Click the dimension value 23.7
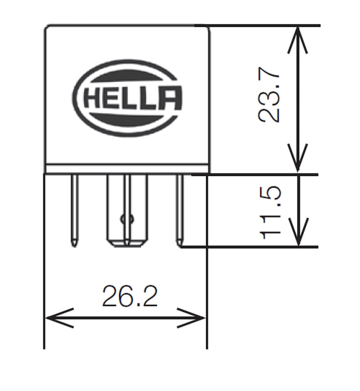point(270,98)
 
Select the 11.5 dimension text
point(270,211)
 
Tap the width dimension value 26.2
point(130,296)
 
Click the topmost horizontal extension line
point(259,25)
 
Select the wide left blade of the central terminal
point(115,210)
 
